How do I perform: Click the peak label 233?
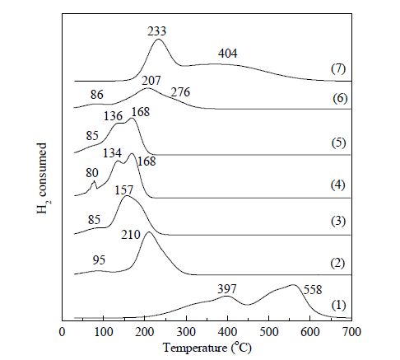156,31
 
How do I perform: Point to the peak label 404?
228,53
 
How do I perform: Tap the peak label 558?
313,290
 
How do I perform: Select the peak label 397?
227,289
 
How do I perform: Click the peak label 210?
131,235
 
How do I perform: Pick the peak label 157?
124,190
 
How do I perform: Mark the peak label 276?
180,92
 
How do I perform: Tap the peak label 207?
151,81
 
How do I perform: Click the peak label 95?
99,259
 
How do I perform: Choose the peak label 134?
112,153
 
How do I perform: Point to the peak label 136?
113,116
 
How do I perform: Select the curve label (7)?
338,68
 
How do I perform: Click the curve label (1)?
338,305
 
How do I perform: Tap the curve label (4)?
337,185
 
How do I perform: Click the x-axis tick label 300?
186,332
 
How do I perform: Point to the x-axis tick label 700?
351,332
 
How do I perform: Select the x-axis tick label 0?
63,332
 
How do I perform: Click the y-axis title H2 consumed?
43,178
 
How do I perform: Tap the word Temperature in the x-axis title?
195,348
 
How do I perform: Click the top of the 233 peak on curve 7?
159,40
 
